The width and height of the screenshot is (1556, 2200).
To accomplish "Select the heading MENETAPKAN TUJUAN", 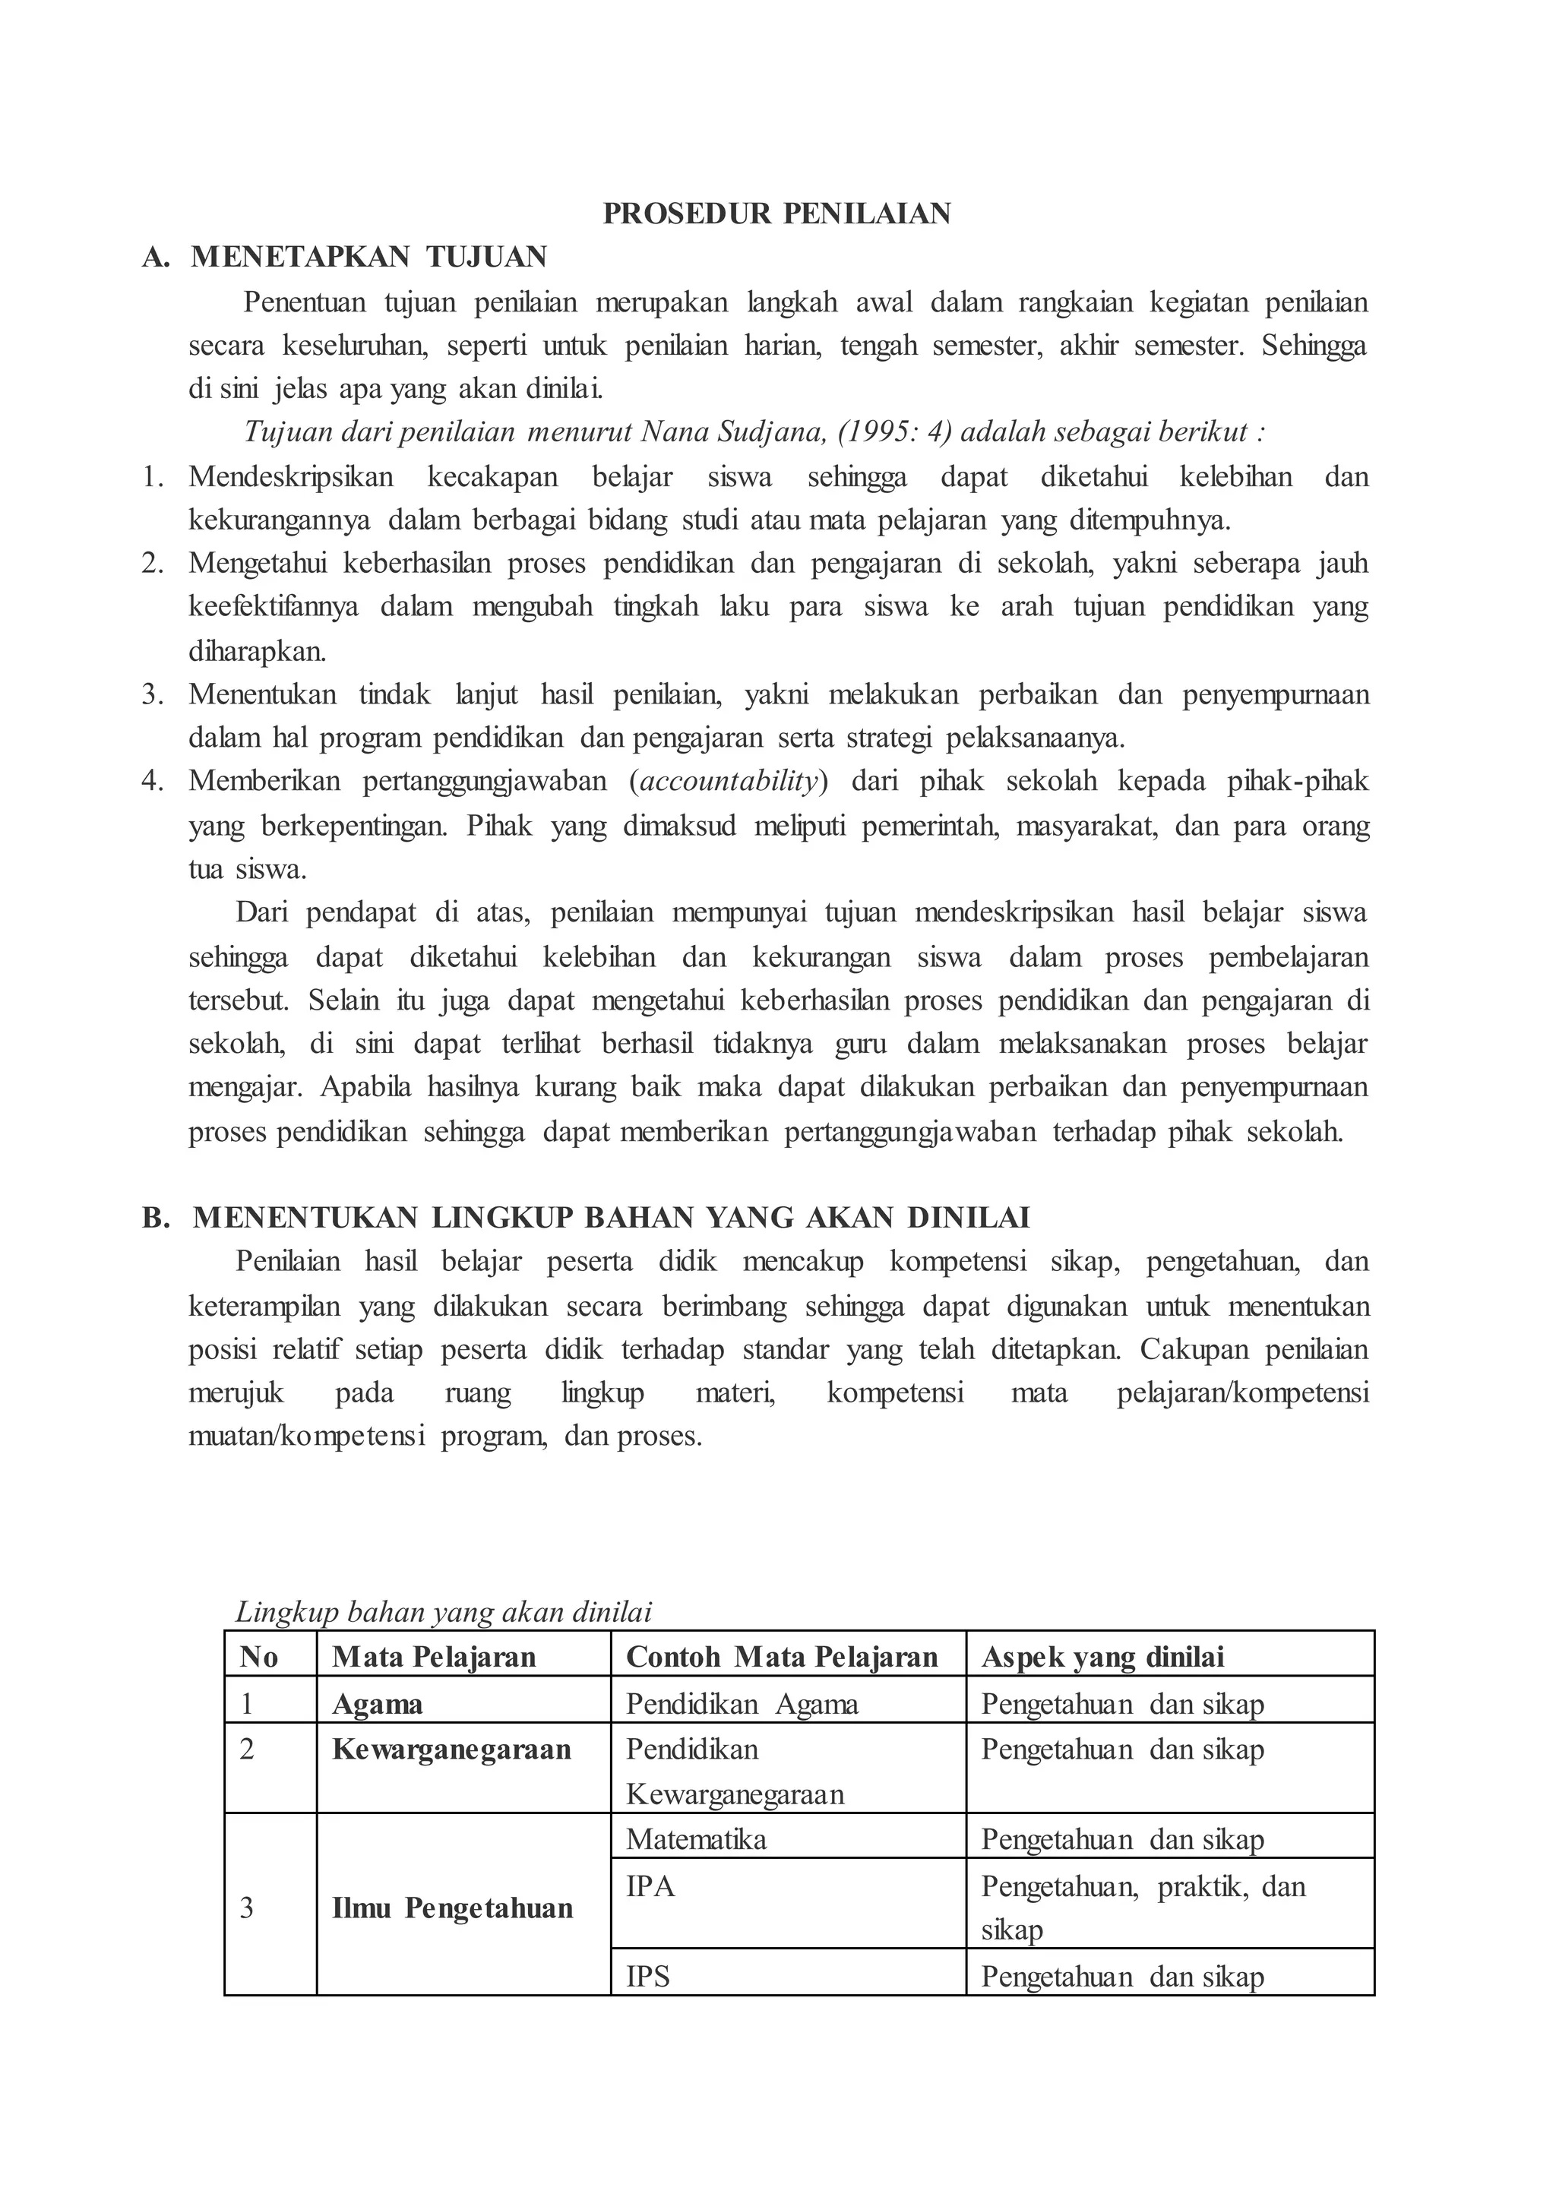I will click(369, 257).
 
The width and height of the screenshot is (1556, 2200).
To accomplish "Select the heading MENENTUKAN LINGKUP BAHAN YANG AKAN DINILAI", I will click(612, 1217).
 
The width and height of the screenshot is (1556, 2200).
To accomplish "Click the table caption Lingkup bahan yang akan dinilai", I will click(444, 1612).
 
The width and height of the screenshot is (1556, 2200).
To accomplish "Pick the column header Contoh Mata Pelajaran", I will click(782, 1657).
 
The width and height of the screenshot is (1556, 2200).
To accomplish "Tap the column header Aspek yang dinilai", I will click(1103, 1657).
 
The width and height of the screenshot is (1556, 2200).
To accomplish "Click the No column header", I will click(258, 1657).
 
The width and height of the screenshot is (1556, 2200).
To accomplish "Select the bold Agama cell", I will click(378, 1704).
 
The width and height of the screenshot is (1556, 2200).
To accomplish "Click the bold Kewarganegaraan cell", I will click(451, 1750).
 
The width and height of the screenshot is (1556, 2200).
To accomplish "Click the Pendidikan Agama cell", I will click(742, 1704).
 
